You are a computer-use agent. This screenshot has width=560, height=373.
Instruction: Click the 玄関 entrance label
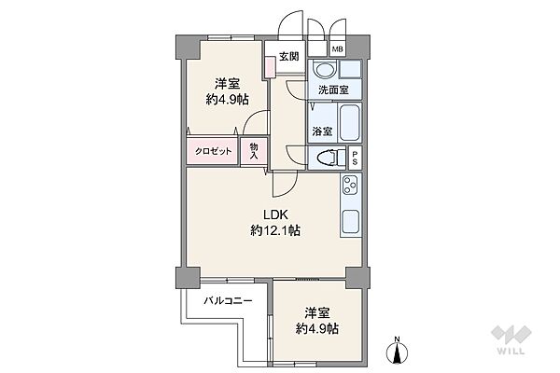(287, 56)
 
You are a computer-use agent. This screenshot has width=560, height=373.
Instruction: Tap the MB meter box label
(337, 49)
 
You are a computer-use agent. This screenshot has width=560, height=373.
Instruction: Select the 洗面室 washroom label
(332, 90)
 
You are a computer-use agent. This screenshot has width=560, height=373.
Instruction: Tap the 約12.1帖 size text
(274, 229)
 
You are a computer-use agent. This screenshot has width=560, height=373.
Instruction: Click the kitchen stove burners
(352, 186)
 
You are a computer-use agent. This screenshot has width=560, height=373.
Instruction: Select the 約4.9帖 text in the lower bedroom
(316, 329)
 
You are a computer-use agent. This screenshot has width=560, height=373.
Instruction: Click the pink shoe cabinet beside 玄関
(270, 67)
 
